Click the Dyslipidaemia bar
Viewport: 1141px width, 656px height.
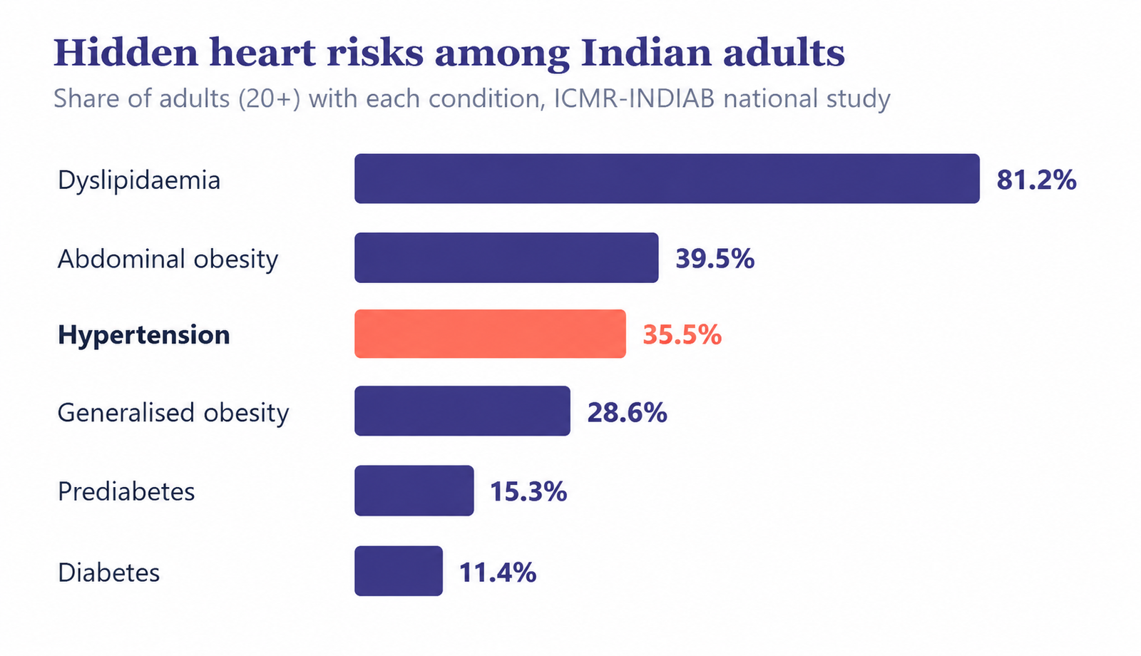tap(667, 179)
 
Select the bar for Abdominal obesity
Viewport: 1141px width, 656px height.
tap(506, 257)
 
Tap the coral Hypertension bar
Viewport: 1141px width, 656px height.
tap(490, 334)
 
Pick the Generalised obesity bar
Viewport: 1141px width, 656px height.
tap(463, 411)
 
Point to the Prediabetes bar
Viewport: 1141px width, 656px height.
tap(414, 491)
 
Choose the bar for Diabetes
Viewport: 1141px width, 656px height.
tap(399, 571)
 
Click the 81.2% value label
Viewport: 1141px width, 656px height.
tap(1037, 180)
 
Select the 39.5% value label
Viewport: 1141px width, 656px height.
tap(715, 259)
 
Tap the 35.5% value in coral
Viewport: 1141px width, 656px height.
tap(682, 335)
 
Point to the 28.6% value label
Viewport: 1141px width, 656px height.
tap(628, 413)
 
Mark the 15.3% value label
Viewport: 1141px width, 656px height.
tap(528, 492)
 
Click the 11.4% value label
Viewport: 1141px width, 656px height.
tap(498, 573)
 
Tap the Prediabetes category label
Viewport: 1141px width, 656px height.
tap(126, 492)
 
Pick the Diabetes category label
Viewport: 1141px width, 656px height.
tap(109, 573)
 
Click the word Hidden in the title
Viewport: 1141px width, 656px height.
tap(126, 53)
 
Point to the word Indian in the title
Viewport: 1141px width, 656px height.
tap(646, 53)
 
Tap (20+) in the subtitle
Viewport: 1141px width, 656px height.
tap(270, 99)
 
